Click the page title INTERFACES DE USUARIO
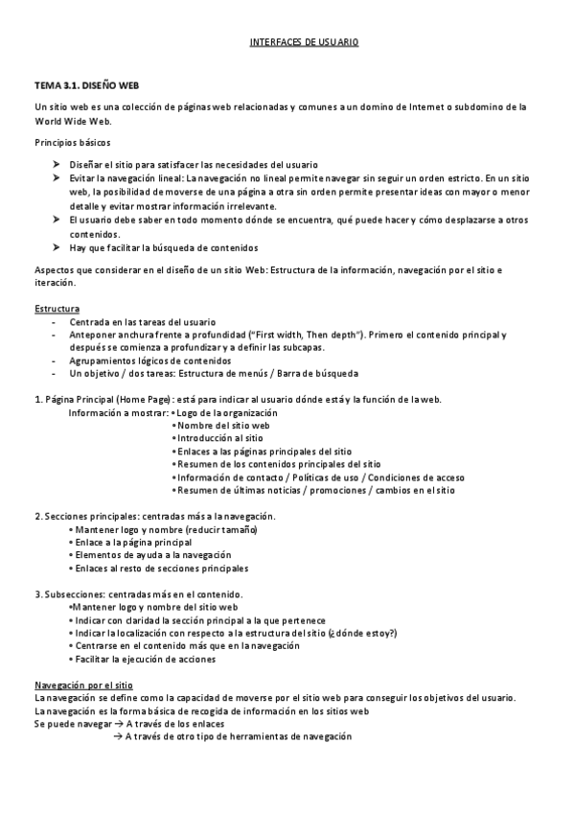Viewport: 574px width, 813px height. pos(303,43)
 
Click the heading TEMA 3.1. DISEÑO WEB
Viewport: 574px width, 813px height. pos(81,86)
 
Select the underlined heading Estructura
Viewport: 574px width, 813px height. pos(57,309)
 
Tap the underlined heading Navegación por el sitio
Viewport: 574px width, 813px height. pos(83,685)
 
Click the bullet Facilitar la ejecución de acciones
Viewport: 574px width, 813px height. pos(144,659)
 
